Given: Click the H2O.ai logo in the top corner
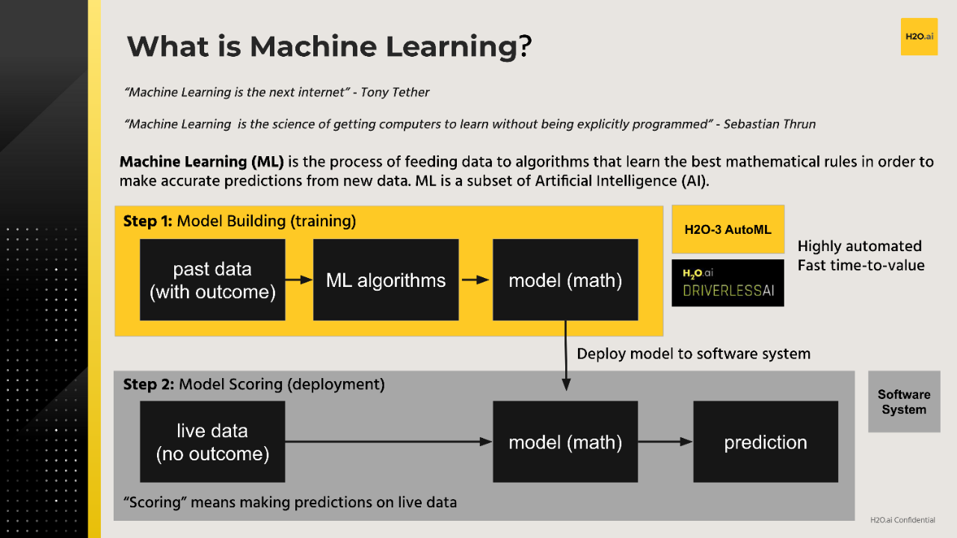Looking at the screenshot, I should tap(919, 37).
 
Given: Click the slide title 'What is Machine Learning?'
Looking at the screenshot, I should tap(329, 46).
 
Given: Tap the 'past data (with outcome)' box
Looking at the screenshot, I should tap(212, 280).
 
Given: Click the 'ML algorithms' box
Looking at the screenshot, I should tap(386, 280).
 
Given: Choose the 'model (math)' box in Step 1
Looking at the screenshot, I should tap(565, 280).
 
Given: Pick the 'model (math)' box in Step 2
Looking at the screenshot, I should tap(565, 442).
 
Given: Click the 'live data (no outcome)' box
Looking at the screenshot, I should tap(212, 442).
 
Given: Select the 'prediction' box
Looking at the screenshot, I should tap(766, 442).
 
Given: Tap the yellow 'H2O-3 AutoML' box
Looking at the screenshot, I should tap(728, 229).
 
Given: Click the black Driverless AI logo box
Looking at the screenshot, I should tap(728, 283).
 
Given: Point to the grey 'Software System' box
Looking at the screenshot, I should tap(904, 402).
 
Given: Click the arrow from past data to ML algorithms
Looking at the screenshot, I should tap(299, 280).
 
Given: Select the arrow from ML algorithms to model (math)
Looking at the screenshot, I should tap(476, 280).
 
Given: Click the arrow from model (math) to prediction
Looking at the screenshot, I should tap(665, 442).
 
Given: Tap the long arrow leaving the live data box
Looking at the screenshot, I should tap(389, 442).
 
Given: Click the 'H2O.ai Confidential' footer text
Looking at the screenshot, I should tap(902, 520).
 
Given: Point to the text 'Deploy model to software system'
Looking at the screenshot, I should tap(693, 353).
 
